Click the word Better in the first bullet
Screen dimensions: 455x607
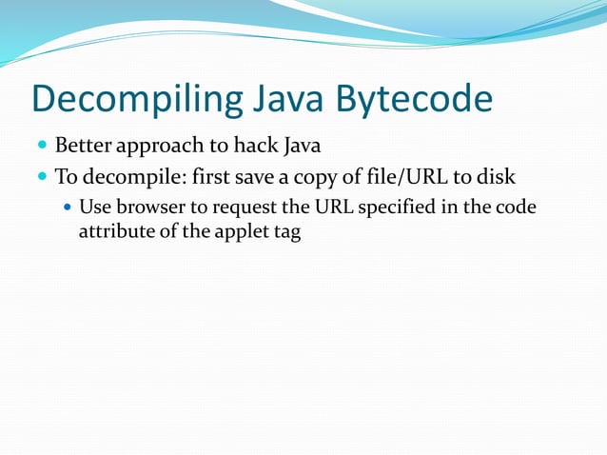click(84, 147)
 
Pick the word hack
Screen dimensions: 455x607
click(245, 147)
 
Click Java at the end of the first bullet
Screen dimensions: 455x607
click(298, 147)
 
